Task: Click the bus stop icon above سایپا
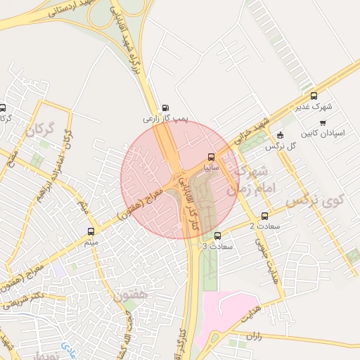212,157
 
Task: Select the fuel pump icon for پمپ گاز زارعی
165,108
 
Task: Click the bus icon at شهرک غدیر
314,96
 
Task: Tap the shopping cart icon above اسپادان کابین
323,122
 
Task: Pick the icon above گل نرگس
281,135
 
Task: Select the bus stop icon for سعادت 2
265,215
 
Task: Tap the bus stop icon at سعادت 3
217,236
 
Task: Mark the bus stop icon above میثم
91,231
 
